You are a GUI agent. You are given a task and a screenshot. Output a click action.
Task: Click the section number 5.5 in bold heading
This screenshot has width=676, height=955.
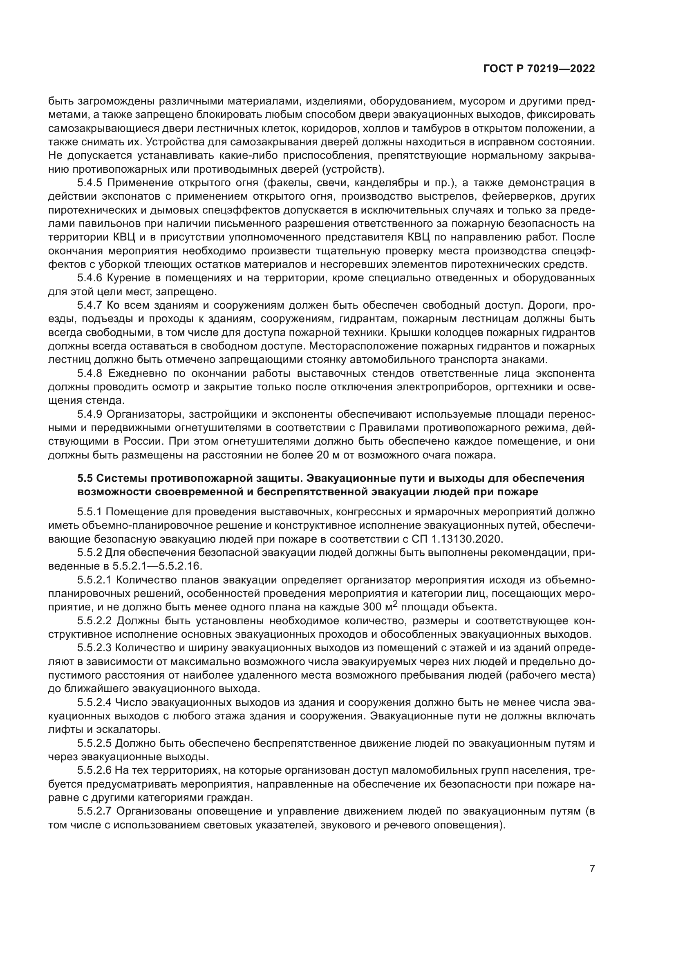click(86, 479)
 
